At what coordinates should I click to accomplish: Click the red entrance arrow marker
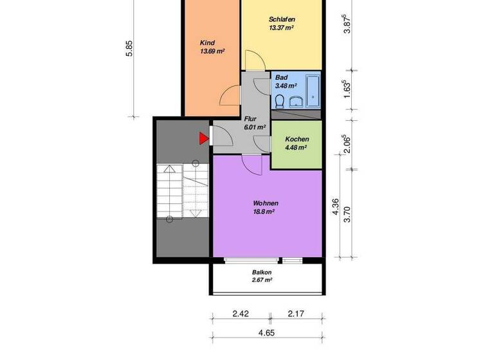point(203,138)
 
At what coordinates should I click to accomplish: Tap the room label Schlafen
point(281,19)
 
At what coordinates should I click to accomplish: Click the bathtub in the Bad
point(314,91)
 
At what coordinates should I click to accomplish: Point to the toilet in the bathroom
point(280,101)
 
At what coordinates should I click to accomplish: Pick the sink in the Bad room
point(297,102)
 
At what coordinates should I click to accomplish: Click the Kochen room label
point(297,139)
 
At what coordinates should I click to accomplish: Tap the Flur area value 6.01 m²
point(255,127)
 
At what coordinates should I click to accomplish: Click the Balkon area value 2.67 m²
point(262,280)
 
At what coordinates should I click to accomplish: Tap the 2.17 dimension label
point(295,314)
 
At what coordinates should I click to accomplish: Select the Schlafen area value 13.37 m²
point(281,28)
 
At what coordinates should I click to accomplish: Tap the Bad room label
point(281,77)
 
